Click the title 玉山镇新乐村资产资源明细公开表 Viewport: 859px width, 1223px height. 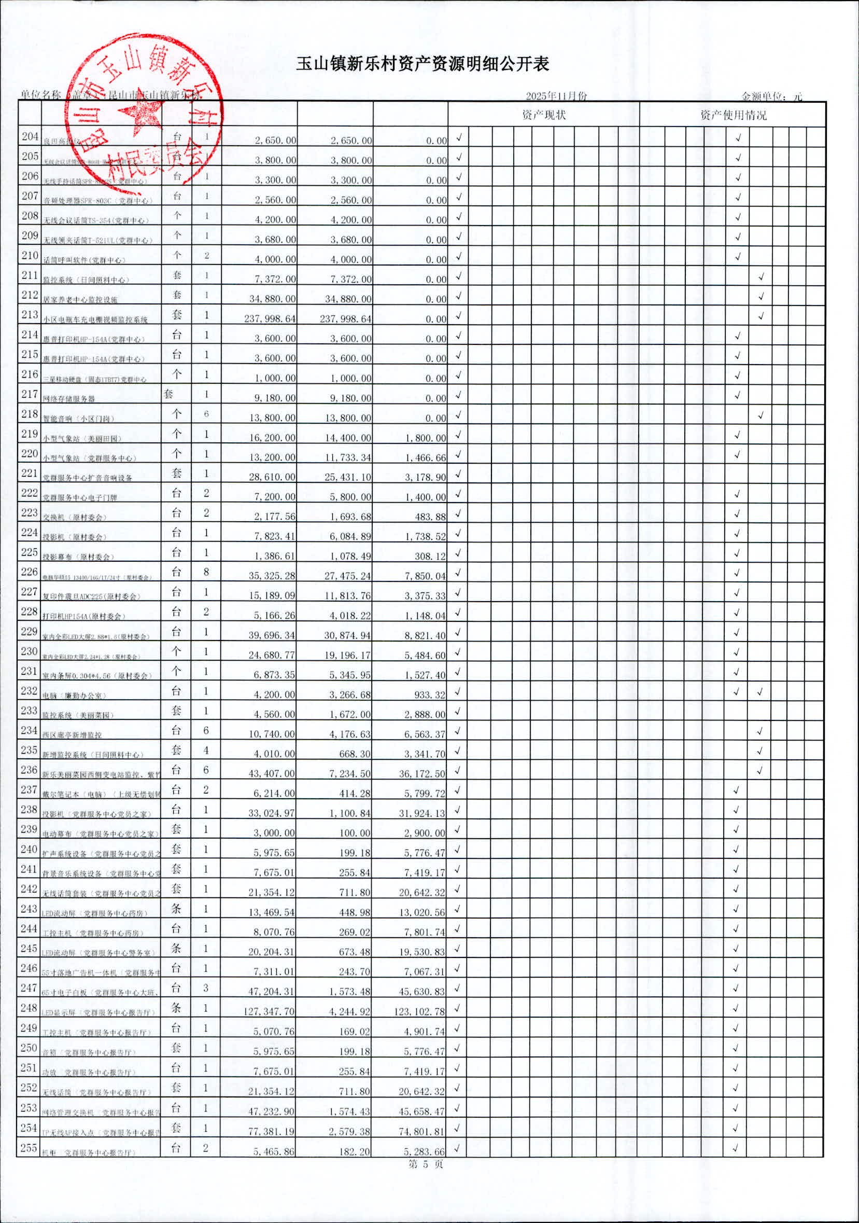(423, 65)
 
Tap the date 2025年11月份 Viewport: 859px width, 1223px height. (556, 96)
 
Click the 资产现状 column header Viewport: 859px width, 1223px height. (544, 115)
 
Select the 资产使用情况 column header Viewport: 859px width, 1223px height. (734, 115)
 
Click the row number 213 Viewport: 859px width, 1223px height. (30, 315)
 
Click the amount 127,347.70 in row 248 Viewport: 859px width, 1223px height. (270, 1011)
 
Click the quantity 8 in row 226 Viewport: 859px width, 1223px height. (206, 572)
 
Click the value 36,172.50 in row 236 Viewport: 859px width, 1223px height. (423, 773)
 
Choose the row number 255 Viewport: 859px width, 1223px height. (30, 1148)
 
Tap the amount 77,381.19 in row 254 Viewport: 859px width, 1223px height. (272, 1131)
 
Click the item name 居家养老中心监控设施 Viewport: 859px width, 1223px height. (80, 300)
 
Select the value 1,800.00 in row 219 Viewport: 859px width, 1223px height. (426, 438)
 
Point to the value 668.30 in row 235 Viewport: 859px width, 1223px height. (355, 754)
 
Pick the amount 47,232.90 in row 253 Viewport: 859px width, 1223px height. (272, 1111)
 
